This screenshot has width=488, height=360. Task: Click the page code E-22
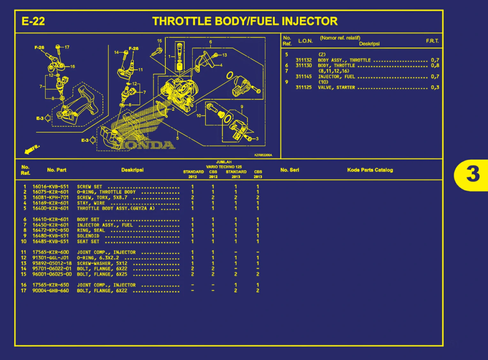tap(33, 21)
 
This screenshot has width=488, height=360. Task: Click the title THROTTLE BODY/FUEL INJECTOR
tap(245, 21)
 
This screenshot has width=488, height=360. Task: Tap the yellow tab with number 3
tap(472, 174)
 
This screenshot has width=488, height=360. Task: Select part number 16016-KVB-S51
tap(50, 187)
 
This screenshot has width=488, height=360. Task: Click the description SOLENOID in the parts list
tap(88, 236)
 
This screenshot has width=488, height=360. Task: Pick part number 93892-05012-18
tap(52, 263)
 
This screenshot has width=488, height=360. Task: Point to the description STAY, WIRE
tap(91, 203)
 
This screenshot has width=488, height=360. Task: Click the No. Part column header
tap(57, 170)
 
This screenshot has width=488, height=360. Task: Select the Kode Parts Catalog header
tap(370, 170)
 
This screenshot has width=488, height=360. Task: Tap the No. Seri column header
tap(290, 170)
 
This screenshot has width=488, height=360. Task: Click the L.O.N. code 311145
tap(303, 77)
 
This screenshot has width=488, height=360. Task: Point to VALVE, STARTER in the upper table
tap(336, 88)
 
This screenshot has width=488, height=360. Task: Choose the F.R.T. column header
tap(432, 41)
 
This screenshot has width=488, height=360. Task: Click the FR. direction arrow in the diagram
tap(31, 149)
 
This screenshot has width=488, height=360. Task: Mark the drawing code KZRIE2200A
tap(263, 155)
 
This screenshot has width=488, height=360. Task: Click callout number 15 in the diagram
tap(159, 41)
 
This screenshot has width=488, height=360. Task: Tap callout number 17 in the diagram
tap(67, 47)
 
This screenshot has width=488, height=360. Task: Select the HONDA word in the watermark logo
tap(144, 145)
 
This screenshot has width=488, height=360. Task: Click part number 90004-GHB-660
tap(50, 291)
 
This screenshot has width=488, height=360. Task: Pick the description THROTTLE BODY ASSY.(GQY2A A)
tap(116, 208)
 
